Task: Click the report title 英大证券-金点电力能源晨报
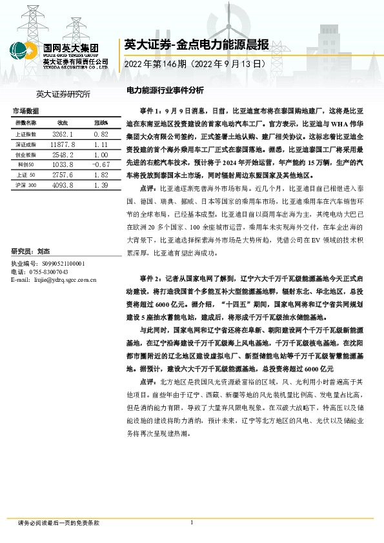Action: coord(187,45)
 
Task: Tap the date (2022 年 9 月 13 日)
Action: coord(231,64)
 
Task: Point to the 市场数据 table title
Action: coord(26,111)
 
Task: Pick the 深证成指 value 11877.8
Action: coord(63,144)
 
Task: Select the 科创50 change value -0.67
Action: coord(100,165)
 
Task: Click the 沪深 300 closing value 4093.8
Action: coord(63,186)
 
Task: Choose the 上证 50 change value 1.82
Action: coord(100,175)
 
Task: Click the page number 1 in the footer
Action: coord(192,522)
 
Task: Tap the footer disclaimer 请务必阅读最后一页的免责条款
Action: coord(59,522)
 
